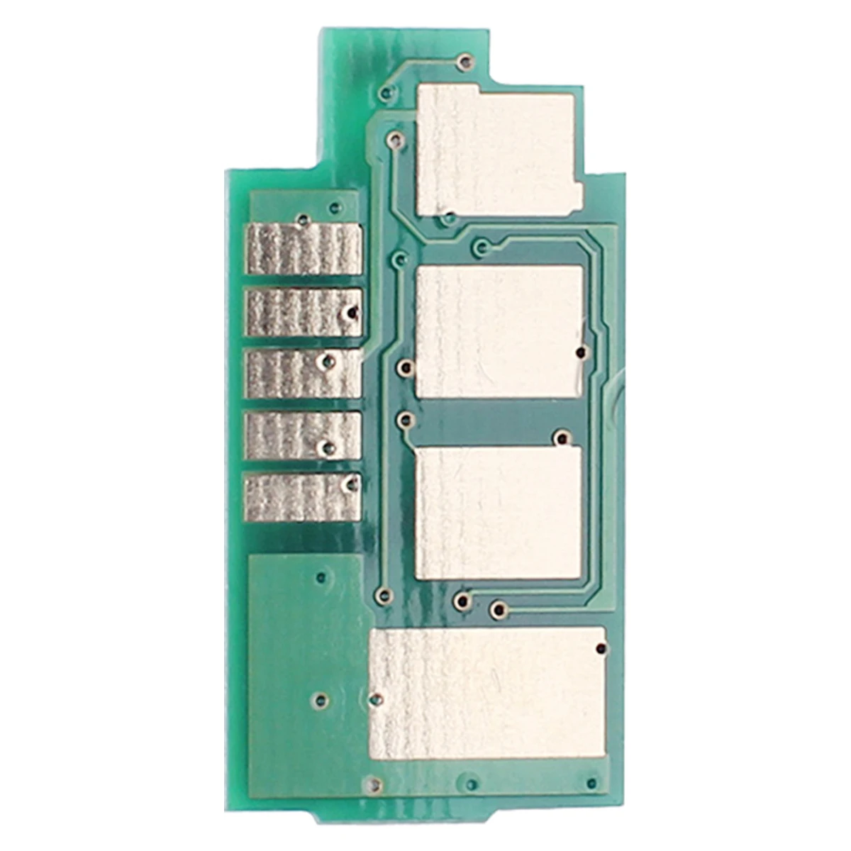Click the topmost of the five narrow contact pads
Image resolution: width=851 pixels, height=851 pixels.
304,249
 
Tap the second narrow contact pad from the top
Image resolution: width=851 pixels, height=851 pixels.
304,313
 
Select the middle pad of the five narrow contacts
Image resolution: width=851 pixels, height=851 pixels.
304,374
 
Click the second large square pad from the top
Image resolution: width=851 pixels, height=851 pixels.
499,331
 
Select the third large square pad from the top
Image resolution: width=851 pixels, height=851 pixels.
498,511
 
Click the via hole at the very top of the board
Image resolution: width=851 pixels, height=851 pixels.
464,62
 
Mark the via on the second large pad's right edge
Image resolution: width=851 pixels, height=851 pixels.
580,352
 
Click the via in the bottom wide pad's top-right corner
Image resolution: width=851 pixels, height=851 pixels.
602,648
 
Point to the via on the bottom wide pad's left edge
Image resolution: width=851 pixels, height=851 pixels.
377,699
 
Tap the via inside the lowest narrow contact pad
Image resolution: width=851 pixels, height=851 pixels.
349,484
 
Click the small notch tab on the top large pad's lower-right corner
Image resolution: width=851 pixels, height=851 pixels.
577,193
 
